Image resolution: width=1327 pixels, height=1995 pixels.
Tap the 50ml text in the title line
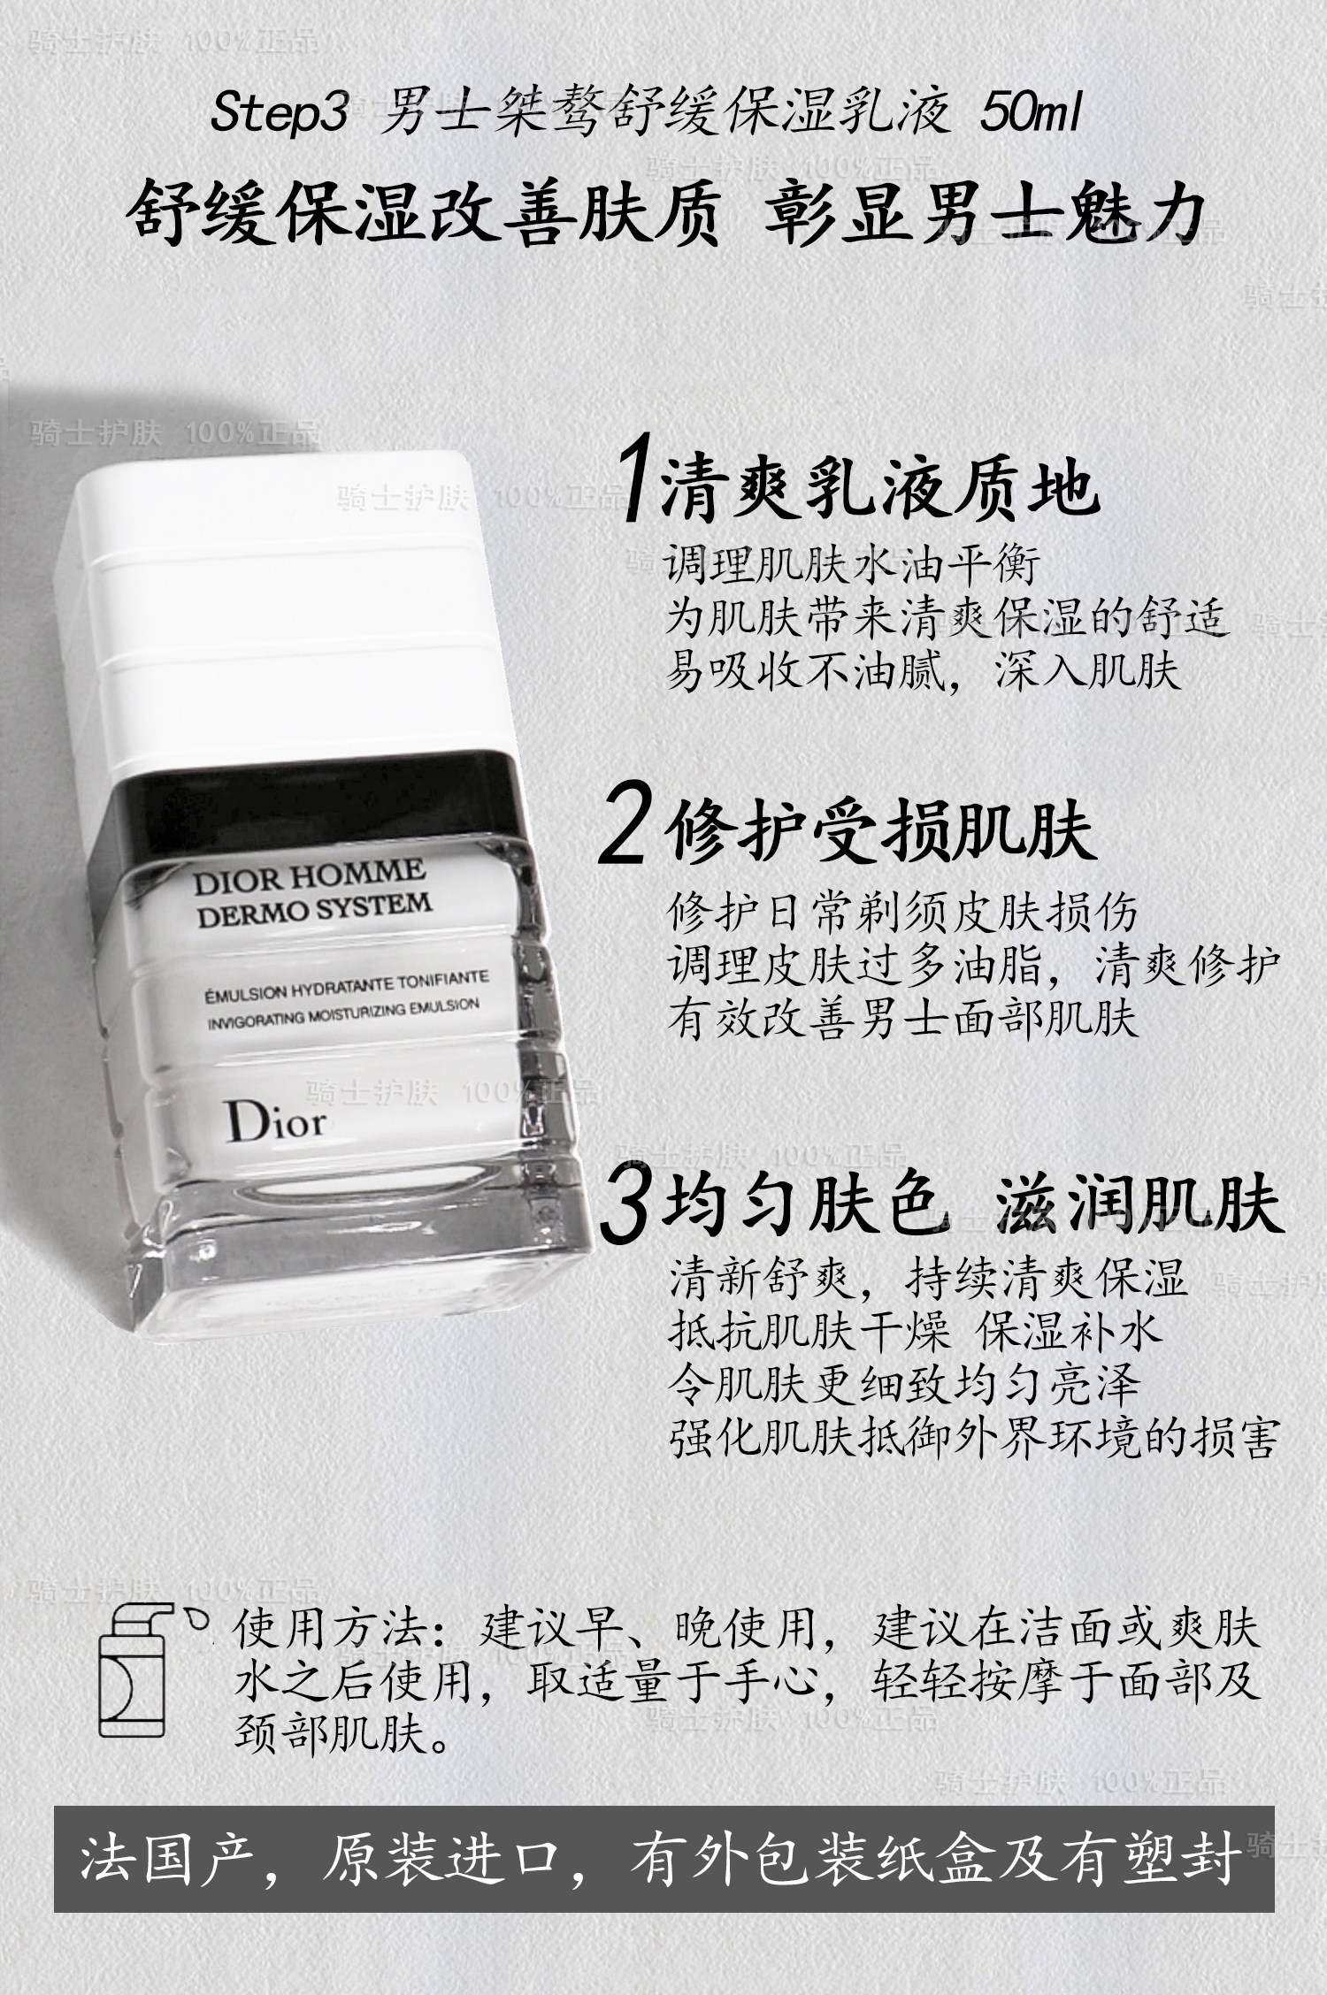[1030, 115]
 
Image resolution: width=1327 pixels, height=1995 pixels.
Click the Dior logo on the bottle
[275, 1121]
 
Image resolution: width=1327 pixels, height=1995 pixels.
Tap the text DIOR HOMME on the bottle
[309, 876]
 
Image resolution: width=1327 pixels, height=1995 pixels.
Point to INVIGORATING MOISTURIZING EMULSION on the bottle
[343, 1013]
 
